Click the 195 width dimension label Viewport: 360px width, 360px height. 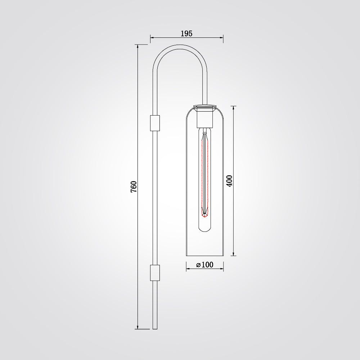[x=186, y=33]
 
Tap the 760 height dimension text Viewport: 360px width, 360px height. [x=134, y=186]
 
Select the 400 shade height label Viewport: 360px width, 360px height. [x=229, y=181]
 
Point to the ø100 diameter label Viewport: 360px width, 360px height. [x=205, y=265]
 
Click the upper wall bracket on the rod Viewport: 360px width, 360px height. [x=155, y=123]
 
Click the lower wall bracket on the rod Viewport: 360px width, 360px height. [x=155, y=273]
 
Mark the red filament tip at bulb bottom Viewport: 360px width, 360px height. [x=204, y=215]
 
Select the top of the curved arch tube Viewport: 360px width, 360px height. [x=180, y=47]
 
